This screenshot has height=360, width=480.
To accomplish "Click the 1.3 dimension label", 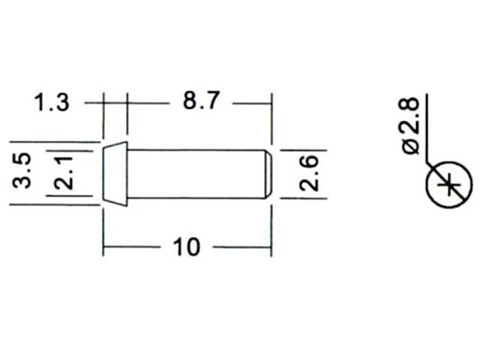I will pyautogui.click(x=52, y=102).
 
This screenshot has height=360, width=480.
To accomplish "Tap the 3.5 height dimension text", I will pyautogui.click(x=22, y=171).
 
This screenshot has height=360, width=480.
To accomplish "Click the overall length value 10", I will pyautogui.click(x=186, y=247).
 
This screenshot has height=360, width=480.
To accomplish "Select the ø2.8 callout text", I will pyautogui.click(x=411, y=124).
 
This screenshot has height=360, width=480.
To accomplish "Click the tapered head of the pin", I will pyautogui.click(x=115, y=173).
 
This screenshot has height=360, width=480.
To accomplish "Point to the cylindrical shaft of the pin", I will pyautogui.click(x=195, y=174).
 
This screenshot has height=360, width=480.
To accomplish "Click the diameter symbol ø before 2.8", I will pyautogui.click(x=411, y=145).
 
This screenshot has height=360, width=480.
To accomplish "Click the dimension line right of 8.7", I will pyautogui.click(x=250, y=102).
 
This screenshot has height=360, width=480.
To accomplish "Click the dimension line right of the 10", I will pyautogui.click(x=240, y=247).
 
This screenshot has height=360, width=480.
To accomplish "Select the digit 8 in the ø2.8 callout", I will pyautogui.click(x=411, y=106).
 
